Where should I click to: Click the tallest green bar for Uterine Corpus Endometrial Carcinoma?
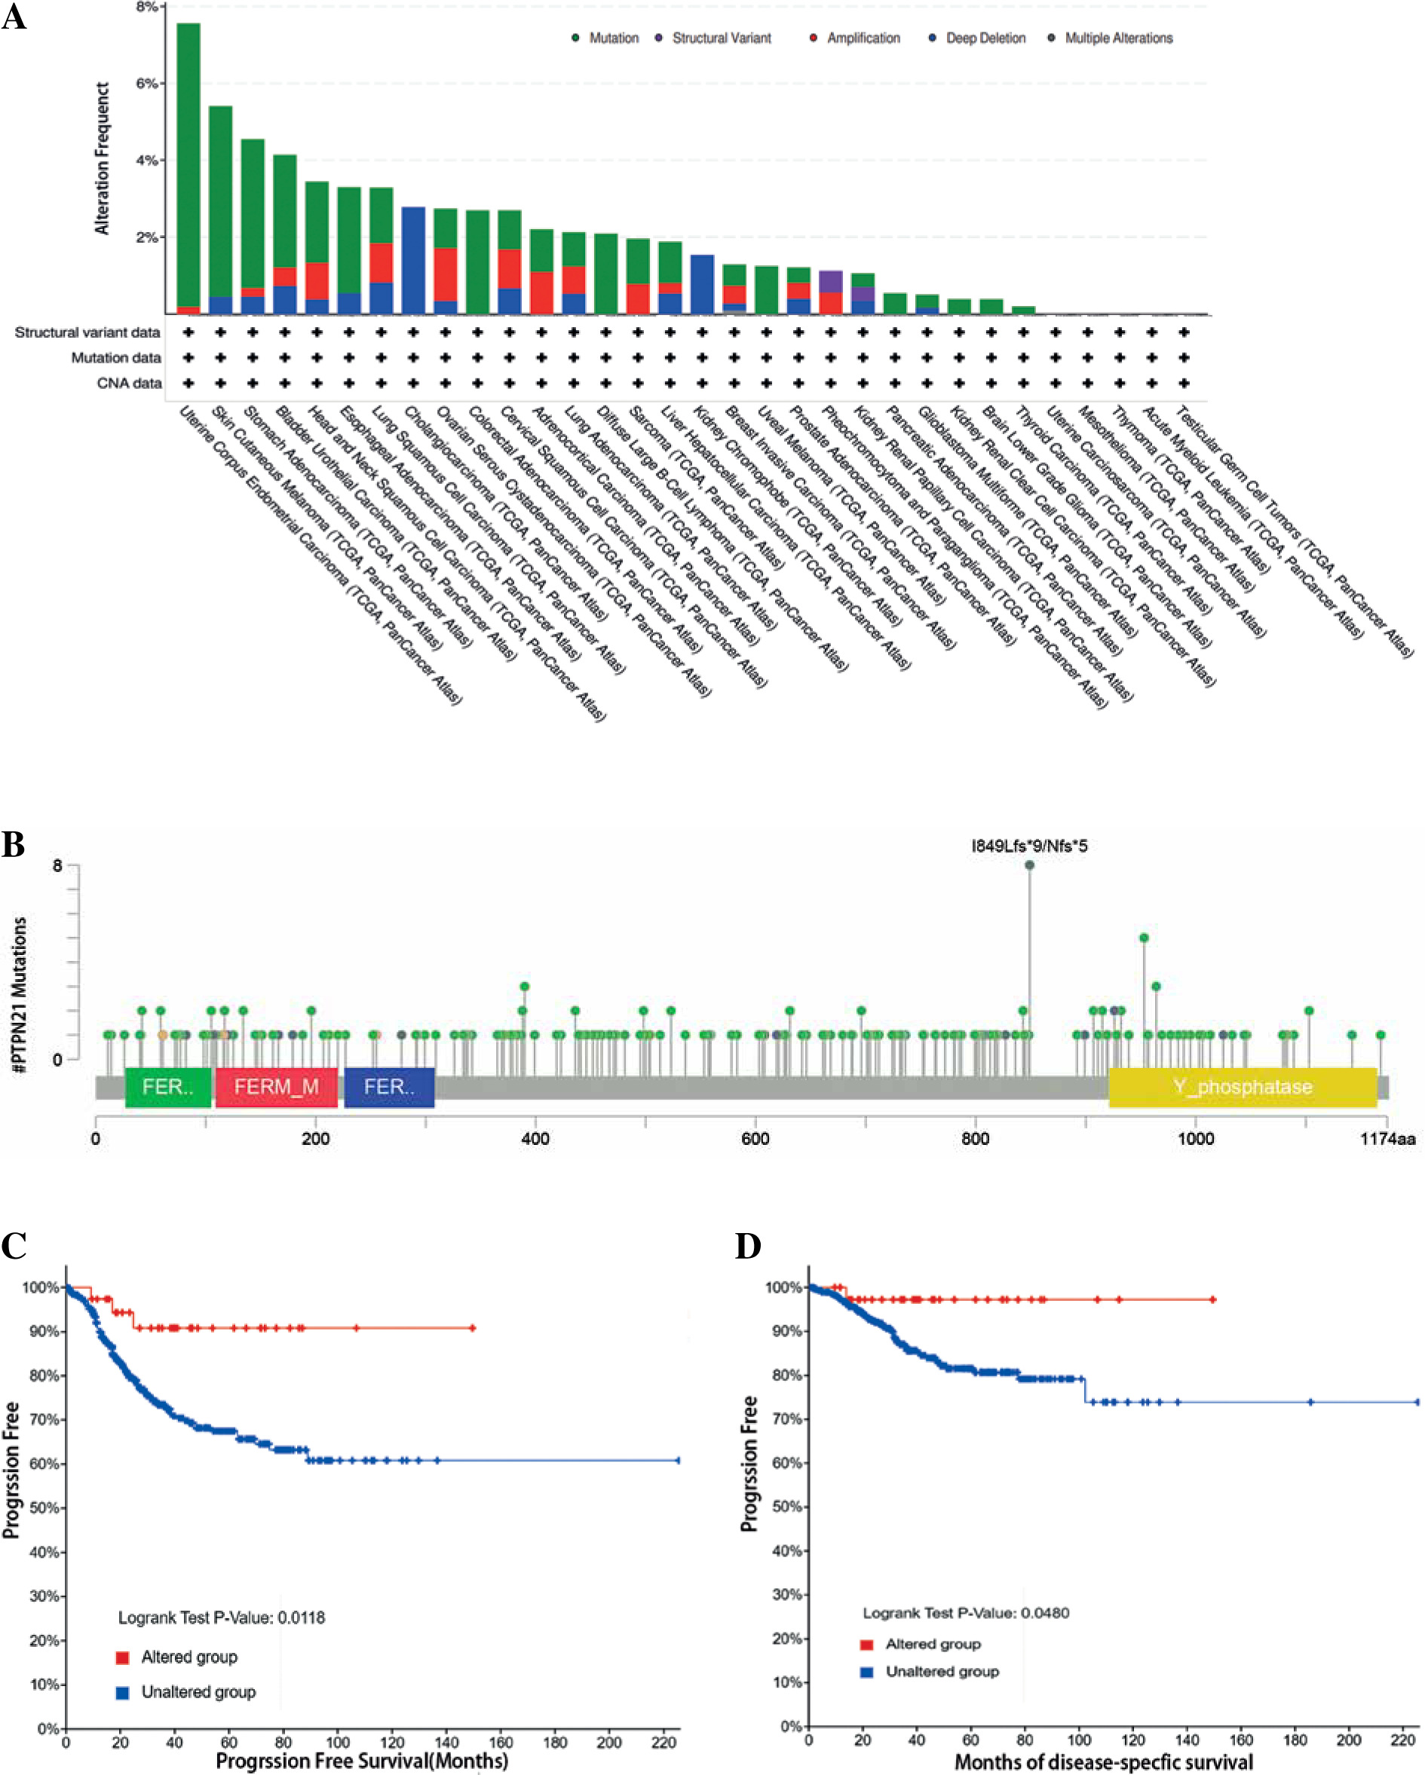click(x=188, y=164)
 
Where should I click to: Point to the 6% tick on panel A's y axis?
click(x=149, y=83)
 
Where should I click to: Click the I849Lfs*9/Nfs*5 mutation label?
click(x=1029, y=846)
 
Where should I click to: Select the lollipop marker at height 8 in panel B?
click(x=1030, y=865)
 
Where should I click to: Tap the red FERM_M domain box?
click(x=276, y=1087)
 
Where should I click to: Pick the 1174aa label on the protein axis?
click(x=1388, y=1139)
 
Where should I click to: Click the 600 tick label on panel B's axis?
click(x=755, y=1139)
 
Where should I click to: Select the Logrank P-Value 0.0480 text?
click(x=965, y=1613)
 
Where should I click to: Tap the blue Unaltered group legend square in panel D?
click(x=866, y=1672)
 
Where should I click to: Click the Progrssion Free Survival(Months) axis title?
click(x=362, y=1761)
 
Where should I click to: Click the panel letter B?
click(x=13, y=845)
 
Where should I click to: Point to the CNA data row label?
click(x=130, y=383)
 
